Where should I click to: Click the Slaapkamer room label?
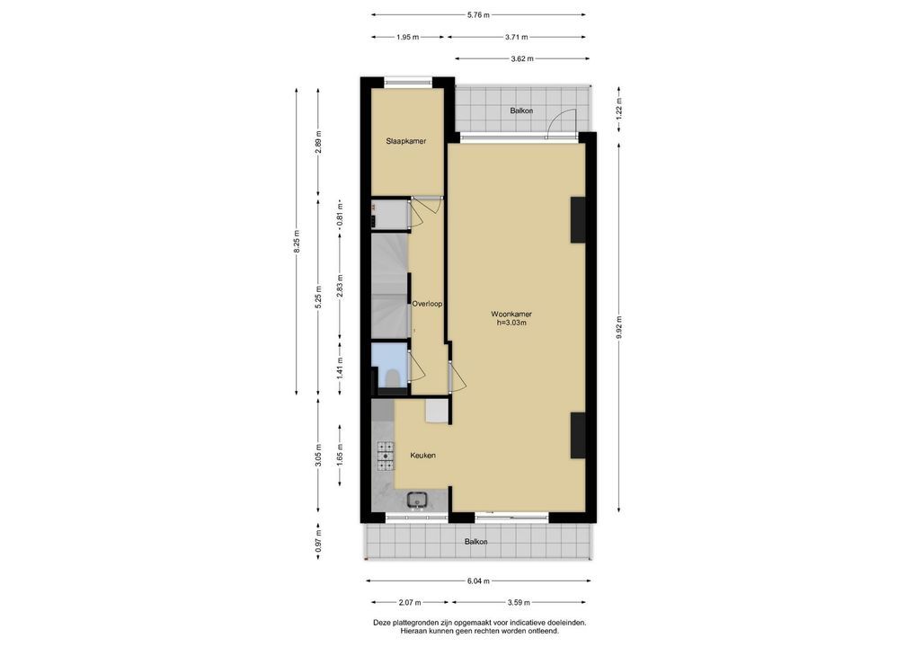(x=405, y=141)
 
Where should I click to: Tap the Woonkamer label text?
(x=511, y=315)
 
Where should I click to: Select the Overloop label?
(x=427, y=304)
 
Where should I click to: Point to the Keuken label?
(x=423, y=456)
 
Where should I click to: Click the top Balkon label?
(x=521, y=111)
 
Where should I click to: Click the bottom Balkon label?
(x=476, y=542)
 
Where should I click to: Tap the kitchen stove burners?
(x=386, y=456)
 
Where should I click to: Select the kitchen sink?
(x=418, y=500)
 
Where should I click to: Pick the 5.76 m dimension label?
(x=478, y=15)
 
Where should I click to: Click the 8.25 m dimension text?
(x=297, y=241)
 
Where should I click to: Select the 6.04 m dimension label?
(x=478, y=581)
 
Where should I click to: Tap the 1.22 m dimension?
(x=619, y=109)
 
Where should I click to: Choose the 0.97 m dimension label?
(x=318, y=542)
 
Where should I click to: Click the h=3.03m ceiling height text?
(x=511, y=323)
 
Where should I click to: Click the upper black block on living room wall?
(x=578, y=220)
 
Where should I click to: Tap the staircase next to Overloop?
(x=390, y=285)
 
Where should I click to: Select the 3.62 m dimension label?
(x=521, y=59)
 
